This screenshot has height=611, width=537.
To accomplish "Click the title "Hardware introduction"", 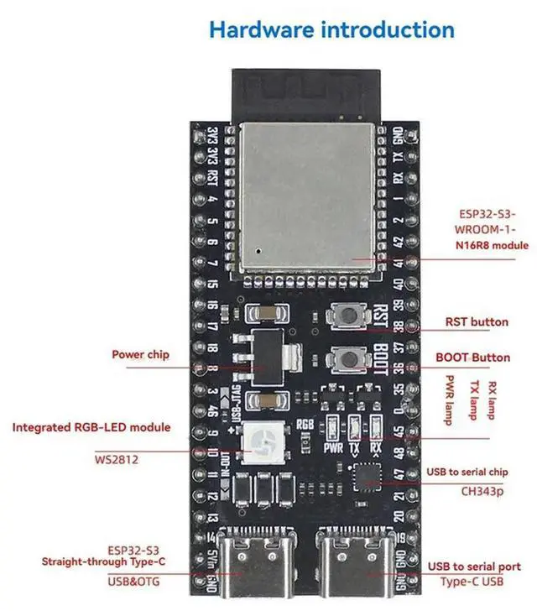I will (331, 30).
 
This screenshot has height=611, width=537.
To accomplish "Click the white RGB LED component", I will (257, 441).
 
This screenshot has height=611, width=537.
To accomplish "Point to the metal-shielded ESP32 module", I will (307, 198).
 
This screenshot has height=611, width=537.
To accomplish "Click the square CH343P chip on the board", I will (366, 475).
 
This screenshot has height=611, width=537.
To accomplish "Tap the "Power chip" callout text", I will (140, 354).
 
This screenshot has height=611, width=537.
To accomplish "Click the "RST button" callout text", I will (477, 321).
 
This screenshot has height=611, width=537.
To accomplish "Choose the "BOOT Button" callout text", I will (472, 358).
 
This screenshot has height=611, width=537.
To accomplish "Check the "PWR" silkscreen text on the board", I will (331, 448).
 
